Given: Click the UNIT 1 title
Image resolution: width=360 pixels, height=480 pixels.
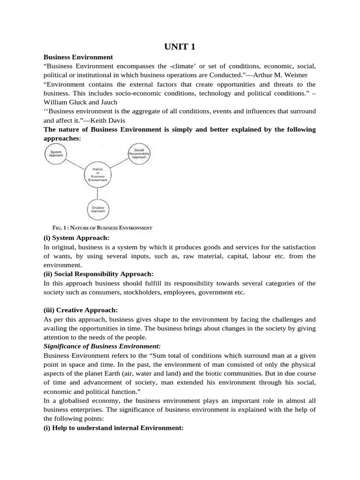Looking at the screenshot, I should click(x=180, y=47).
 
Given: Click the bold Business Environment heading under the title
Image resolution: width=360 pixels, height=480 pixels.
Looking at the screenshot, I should click(x=78, y=57).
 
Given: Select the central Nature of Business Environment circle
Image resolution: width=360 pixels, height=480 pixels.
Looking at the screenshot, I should click(x=97, y=175).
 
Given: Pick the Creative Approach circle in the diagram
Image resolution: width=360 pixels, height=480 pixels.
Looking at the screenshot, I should click(x=97, y=209).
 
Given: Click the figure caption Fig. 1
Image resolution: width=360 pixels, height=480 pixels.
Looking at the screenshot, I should click(x=102, y=228).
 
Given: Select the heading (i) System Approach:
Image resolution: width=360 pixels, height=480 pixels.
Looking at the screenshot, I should click(x=76, y=238).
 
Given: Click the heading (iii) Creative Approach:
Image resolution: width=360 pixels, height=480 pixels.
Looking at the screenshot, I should click(x=81, y=310).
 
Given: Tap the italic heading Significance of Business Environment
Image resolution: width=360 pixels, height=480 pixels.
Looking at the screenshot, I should click(x=102, y=346).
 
